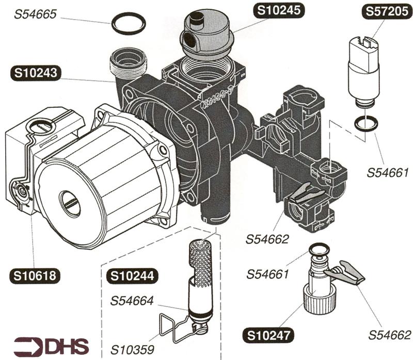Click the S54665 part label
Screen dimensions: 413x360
point(35,14)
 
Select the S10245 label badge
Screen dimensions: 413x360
point(279,10)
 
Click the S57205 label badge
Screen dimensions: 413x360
point(387,11)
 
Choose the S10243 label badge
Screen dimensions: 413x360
point(36,73)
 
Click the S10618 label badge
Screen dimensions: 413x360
point(35,275)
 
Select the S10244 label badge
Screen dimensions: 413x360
point(132,276)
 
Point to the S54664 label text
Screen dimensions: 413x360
point(132,301)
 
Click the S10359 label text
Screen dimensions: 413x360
point(132,350)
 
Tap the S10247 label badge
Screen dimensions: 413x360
point(268,336)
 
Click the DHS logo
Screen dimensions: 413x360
point(51,346)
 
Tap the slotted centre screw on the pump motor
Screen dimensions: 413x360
point(69,204)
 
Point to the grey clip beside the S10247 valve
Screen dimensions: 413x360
point(344,273)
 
